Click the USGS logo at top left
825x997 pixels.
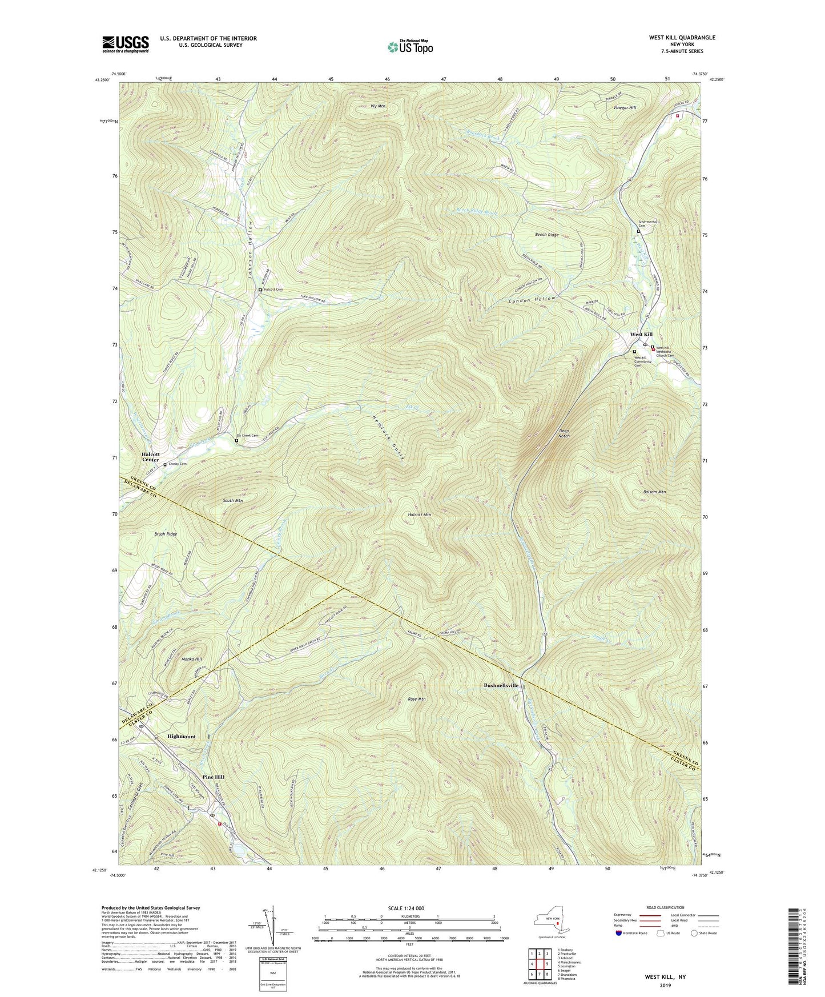126,44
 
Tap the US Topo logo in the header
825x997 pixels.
409,47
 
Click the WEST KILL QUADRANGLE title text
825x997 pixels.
682,38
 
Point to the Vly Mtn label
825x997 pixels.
377,107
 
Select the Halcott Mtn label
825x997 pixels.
419,514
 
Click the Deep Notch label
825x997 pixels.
564,433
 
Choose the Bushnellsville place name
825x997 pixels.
501,685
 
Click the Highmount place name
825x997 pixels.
181,737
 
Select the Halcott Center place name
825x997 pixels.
150,456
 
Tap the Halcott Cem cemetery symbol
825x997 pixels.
260,290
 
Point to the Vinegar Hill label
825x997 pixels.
625,107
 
